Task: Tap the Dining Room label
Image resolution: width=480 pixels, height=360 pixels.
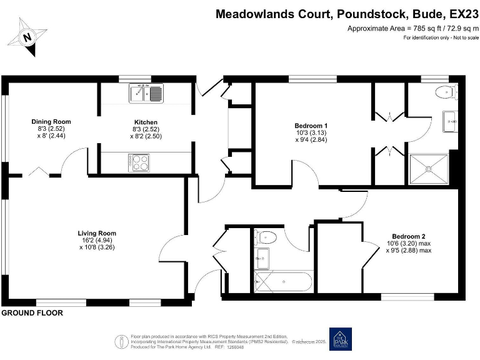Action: pos(51,121)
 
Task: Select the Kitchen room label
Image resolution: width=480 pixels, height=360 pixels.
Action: pos(146,122)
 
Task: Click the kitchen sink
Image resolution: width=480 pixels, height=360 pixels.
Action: pos(146,94)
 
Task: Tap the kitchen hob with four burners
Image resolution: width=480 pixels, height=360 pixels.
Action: pos(140,162)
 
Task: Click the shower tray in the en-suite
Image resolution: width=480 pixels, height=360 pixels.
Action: pos(430,168)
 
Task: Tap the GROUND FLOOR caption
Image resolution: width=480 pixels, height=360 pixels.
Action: pos(32,312)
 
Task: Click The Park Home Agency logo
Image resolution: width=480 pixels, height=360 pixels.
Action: pos(340,339)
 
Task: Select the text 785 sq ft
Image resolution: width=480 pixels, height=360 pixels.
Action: pos(421,29)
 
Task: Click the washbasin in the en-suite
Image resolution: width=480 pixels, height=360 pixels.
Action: pos(449,121)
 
